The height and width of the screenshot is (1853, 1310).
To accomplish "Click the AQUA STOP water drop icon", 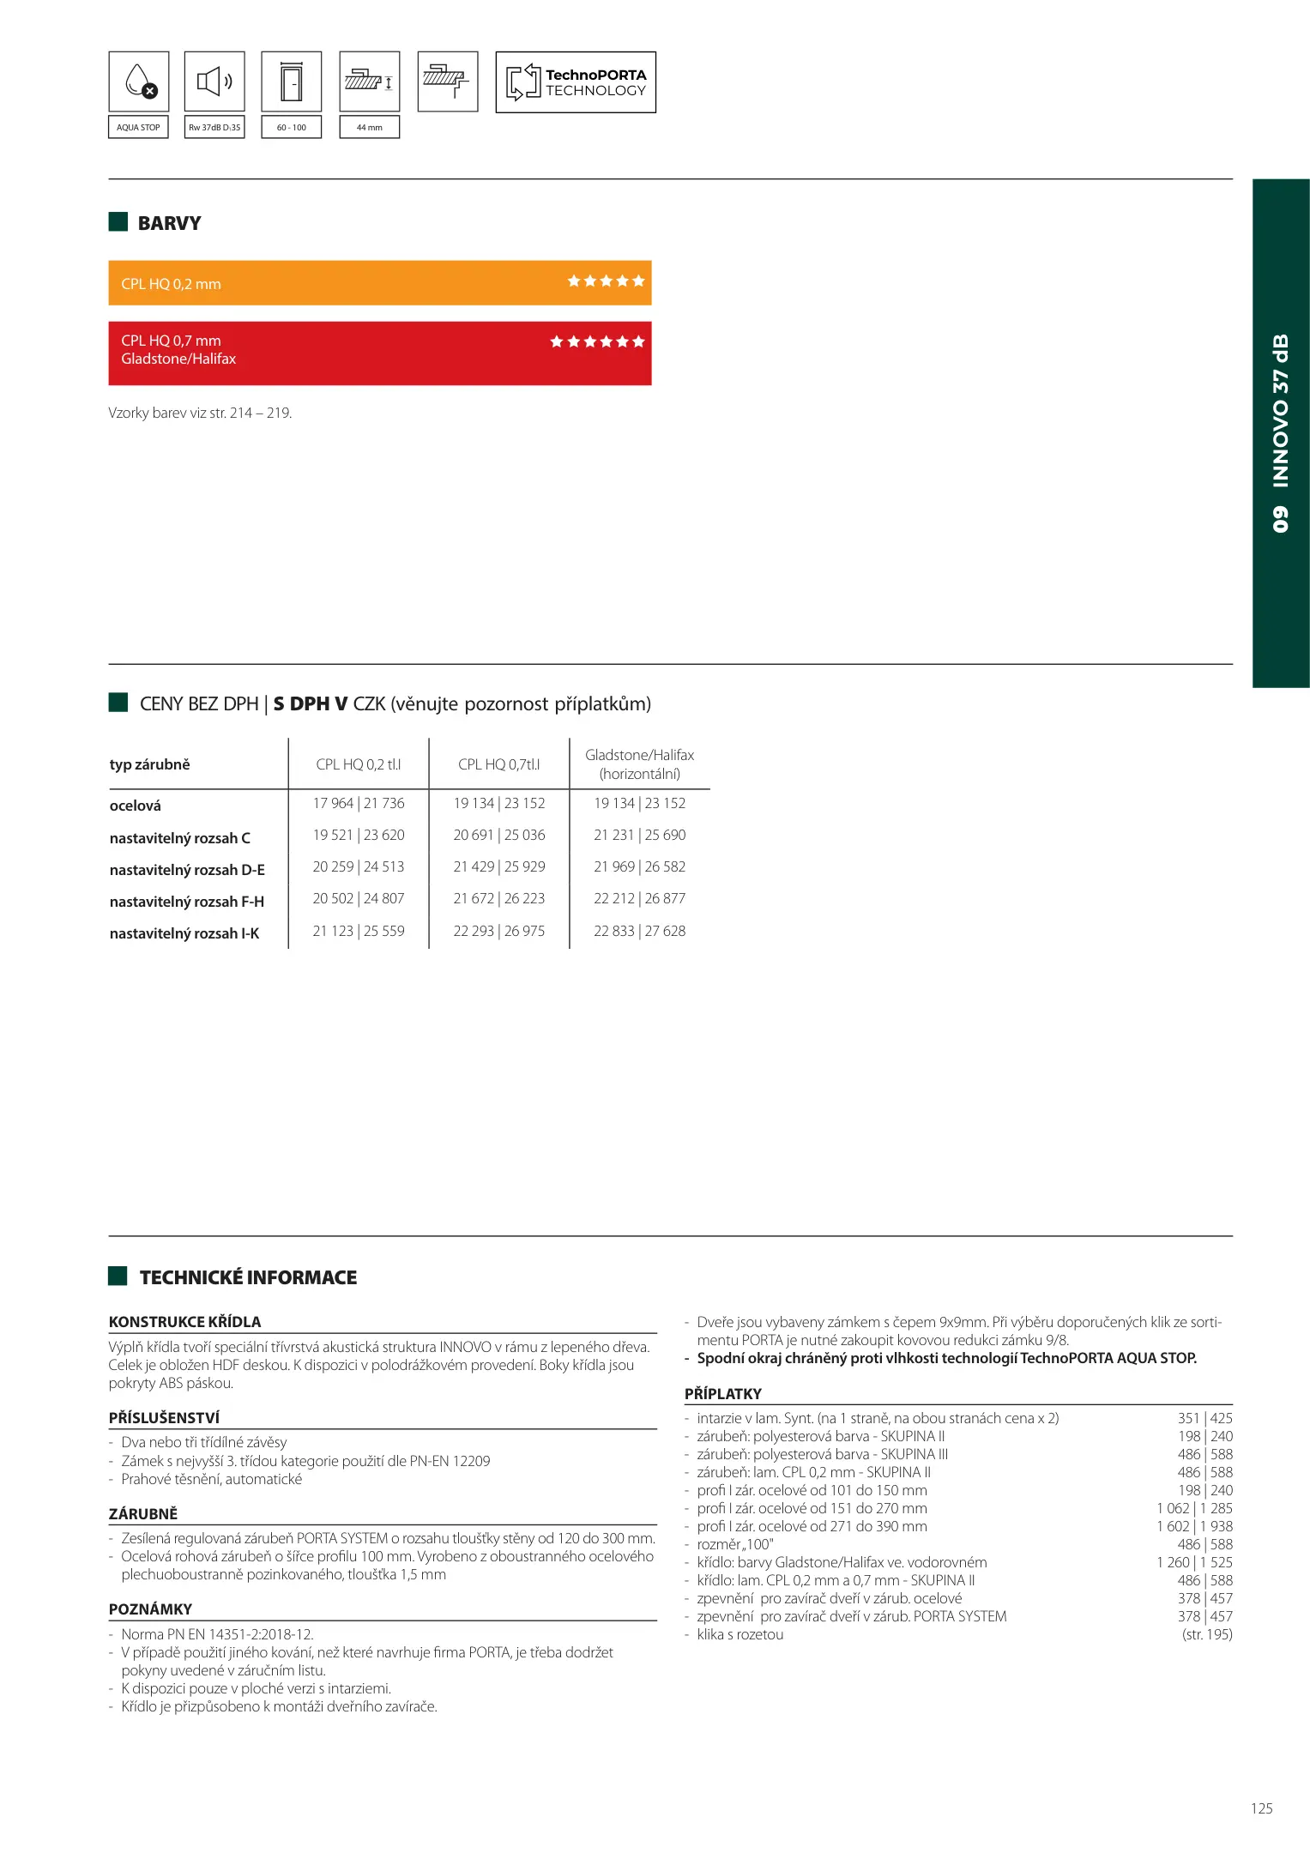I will (x=139, y=81).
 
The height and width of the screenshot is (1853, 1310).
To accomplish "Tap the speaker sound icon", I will (x=214, y=81).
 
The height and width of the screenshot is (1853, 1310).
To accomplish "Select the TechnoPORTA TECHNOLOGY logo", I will (x=576, y=82).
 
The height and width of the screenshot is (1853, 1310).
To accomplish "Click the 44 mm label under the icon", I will (x=370, y=128).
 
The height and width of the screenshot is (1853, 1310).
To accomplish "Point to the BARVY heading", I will (x=169, y=223).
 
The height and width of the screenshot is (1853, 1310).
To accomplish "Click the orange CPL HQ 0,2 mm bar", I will (x=380, y=283).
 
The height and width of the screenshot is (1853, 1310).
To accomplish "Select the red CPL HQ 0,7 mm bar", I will (x=380, y=353).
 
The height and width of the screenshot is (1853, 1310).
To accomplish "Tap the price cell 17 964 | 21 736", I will (x=359, y=804).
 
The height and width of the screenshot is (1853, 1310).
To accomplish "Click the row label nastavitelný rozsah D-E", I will (x=187, y=870).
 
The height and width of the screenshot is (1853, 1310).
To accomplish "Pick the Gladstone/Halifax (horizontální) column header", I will (x=640, y=764).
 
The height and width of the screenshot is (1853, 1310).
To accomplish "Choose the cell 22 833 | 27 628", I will (x=640, y=932).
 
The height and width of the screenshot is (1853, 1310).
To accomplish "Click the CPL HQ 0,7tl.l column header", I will (x=499, y=764).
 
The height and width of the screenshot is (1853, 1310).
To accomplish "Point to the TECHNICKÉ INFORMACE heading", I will (x=248, y=1277).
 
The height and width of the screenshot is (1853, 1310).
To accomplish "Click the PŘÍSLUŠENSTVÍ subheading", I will (x=164, y=1418).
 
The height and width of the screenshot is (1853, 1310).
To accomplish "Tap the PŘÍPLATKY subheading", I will (x=723, y=1394).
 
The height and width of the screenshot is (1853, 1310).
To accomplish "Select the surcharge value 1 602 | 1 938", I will (x=1194, y=1526).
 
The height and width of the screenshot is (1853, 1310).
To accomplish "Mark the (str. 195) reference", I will (x=1207, y=1634).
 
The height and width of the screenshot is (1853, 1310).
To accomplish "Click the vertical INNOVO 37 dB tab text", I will (x=1281, y=432).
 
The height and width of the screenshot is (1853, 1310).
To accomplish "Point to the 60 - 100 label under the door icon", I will (x=292, y=128).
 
